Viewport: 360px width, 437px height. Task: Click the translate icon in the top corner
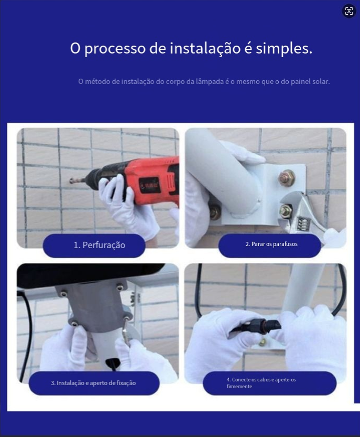coord(349,11)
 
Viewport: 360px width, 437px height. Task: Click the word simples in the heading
coord(284,48)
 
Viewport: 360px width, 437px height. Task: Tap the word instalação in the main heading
coord(205,48)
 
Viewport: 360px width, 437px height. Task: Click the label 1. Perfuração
coord(100,245)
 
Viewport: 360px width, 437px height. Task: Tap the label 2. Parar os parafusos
coord(271,244)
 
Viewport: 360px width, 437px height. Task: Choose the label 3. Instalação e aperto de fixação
coord(93,383)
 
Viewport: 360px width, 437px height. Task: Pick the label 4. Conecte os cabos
coord(261,383)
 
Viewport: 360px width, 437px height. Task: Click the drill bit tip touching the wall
coord(72,181)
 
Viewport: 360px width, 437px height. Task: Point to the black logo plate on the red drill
coord(149,185)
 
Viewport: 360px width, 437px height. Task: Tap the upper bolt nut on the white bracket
coord(287,177)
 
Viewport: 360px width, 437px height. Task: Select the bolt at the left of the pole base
coord(215,211)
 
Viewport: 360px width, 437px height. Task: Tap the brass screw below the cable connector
coord(262,342)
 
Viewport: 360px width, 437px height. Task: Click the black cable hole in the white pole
coord(113,364)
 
